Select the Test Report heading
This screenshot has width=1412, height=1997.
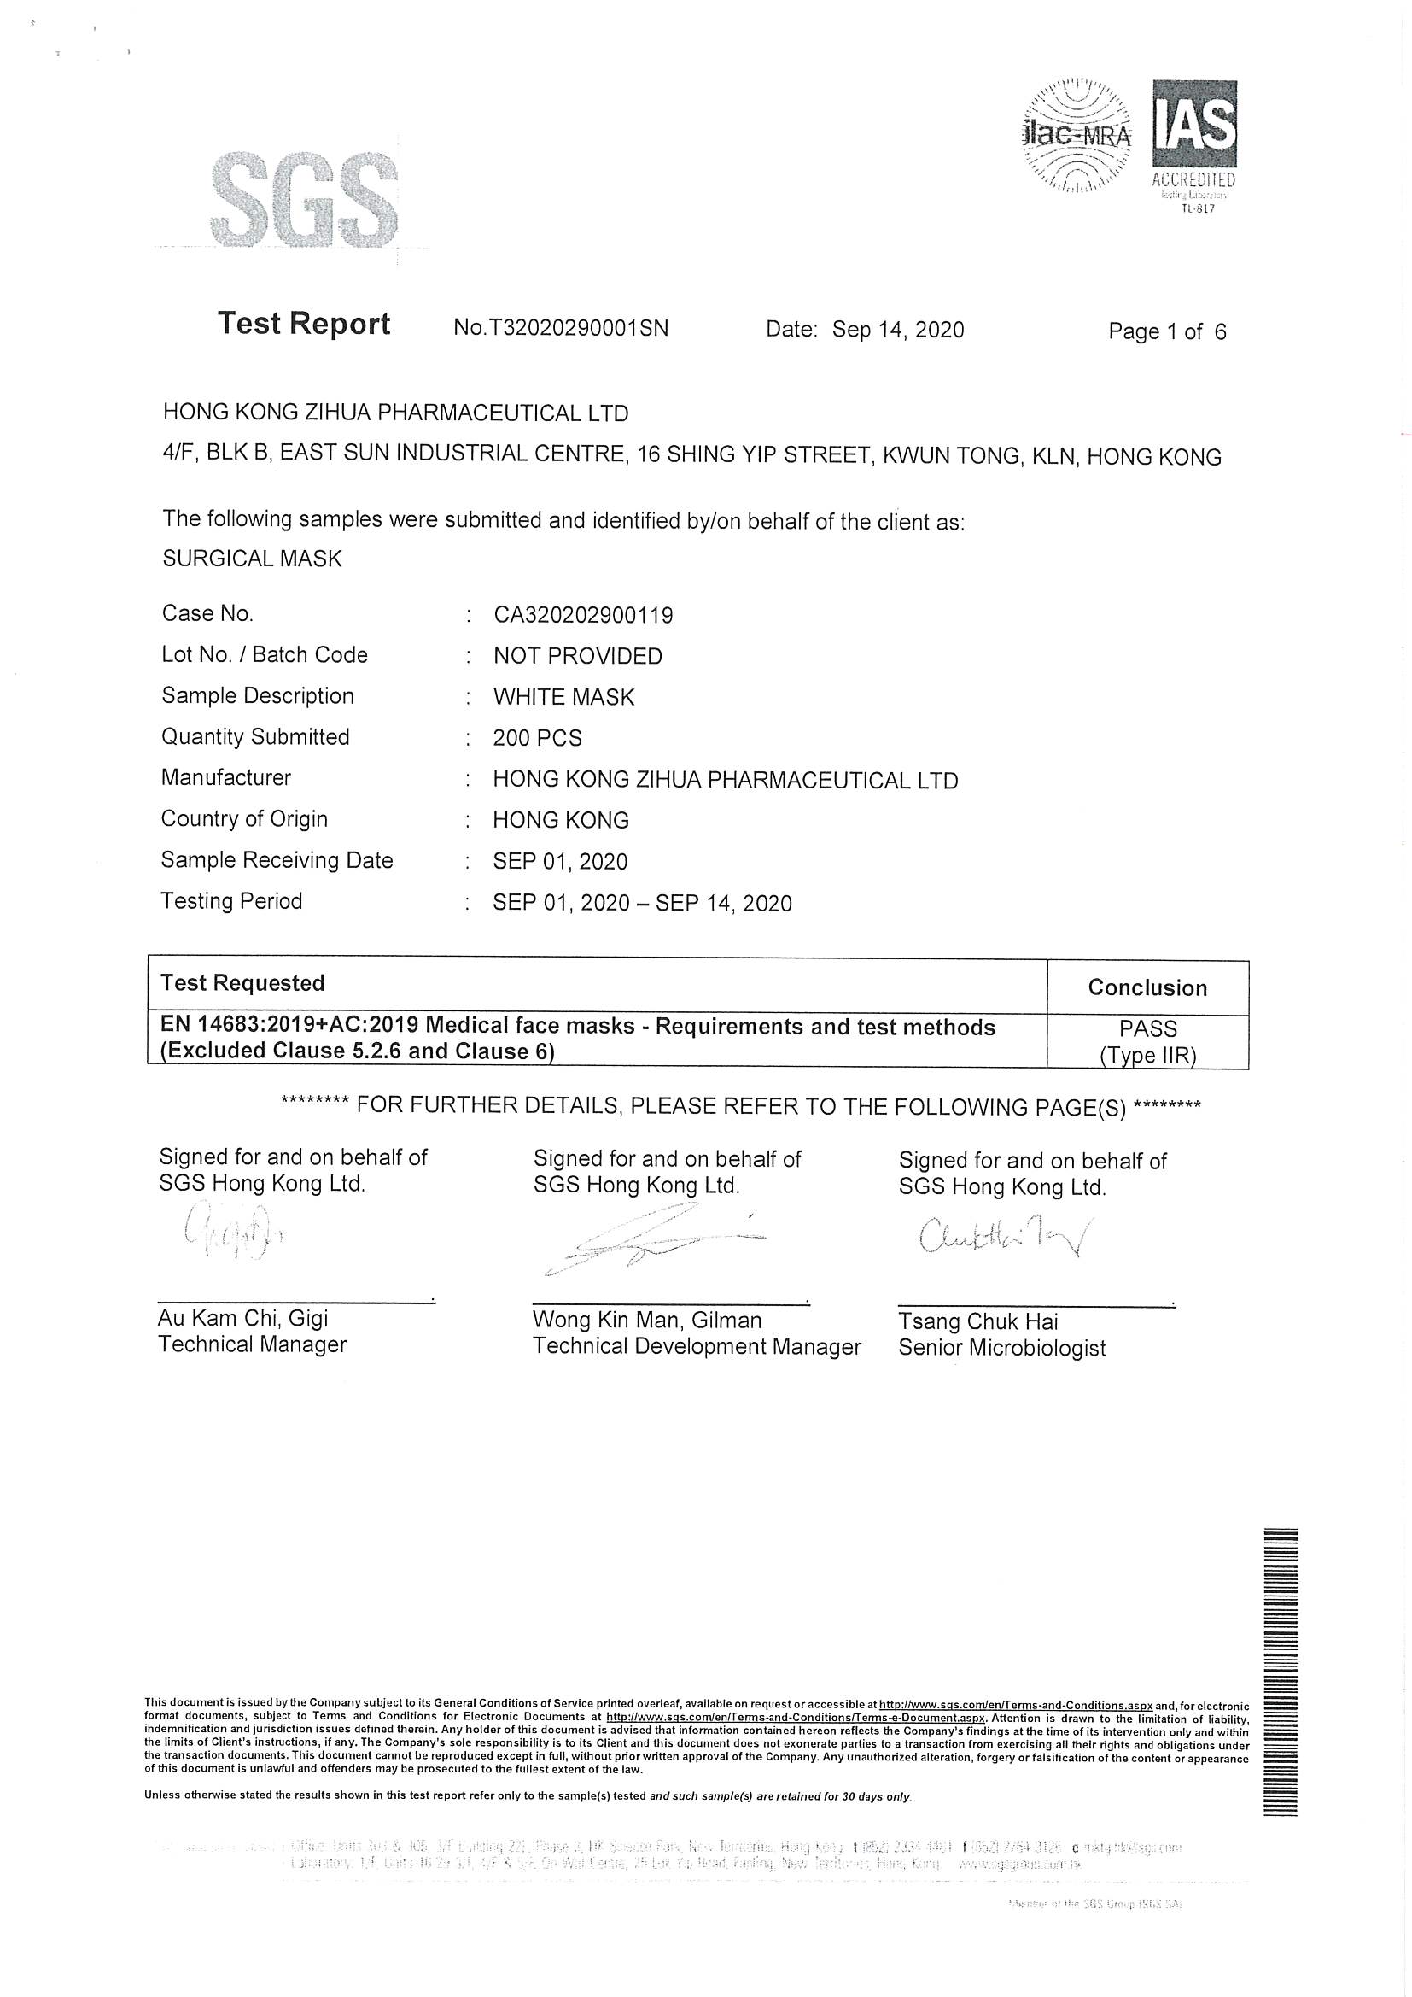tap(303, 324)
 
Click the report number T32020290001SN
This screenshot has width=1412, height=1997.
tap(561, 328)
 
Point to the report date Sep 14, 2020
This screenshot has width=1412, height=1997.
tap(897, 330)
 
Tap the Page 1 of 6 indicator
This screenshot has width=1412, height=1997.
tap(1167, 331)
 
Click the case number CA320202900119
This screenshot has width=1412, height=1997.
tap(582, 616)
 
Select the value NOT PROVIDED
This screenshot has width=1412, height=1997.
tap(577, 657)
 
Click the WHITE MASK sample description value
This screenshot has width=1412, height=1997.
tap(563, 698)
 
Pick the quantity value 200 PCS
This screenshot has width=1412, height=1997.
tap(537, 739)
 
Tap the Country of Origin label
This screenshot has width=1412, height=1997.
tap(244, 819)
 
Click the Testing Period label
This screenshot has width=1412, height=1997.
tap(231, 901)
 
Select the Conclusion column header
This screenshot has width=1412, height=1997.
tap(1147, 988)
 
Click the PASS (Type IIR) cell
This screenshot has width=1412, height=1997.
tap(1147, 1042)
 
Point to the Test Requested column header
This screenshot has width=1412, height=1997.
tap(242, 984)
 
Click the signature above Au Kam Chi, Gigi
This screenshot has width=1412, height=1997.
tap(232, 1233)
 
